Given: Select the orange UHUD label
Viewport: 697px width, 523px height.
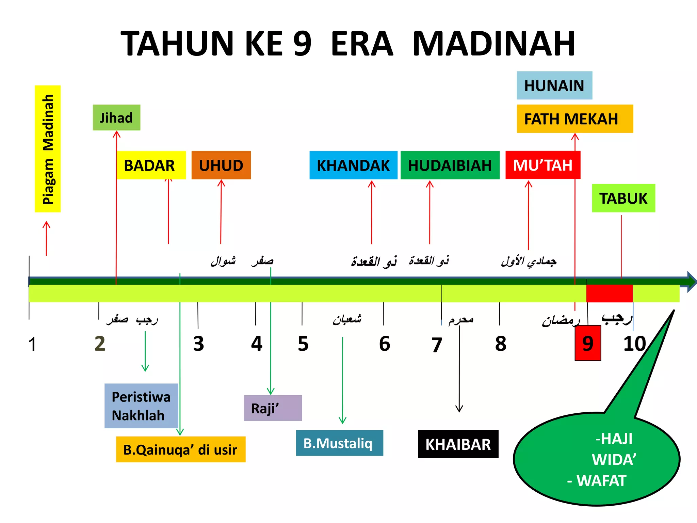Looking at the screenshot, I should tap(221, 165).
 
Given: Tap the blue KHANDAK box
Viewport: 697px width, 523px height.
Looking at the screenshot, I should tap(353, 165).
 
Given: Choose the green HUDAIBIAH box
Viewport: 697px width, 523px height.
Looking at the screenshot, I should tap(450, 165).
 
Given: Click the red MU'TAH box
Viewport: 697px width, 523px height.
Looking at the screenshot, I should tap(543, 165).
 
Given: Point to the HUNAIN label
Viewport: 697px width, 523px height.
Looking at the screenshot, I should tap(554, 85).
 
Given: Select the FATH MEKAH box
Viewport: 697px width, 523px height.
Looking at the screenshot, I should tap(574, 119).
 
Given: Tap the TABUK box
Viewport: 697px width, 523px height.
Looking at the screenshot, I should tap(623, 198).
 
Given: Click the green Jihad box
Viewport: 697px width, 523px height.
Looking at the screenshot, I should tap(116, 118).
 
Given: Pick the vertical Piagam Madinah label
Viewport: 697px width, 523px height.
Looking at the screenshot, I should tap(48, 149).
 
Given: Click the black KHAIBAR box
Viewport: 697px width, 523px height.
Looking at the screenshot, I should tap(458, 444).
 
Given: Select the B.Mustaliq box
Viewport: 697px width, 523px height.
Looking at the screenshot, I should tap(339, 443).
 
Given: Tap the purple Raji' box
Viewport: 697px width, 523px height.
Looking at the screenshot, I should tap(273, 408).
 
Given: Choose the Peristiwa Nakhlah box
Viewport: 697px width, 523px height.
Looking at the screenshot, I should tap(141, 406).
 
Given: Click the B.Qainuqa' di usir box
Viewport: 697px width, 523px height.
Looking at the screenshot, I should tap(180, 449).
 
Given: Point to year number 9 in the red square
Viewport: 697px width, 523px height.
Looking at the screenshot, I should tap(588, 343).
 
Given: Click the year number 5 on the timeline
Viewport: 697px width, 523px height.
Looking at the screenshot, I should tap(303, 344).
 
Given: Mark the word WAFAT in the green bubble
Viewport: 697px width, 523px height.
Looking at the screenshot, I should tap(601, 480).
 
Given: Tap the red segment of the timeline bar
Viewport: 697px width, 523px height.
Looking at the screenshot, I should tap(609, 293).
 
